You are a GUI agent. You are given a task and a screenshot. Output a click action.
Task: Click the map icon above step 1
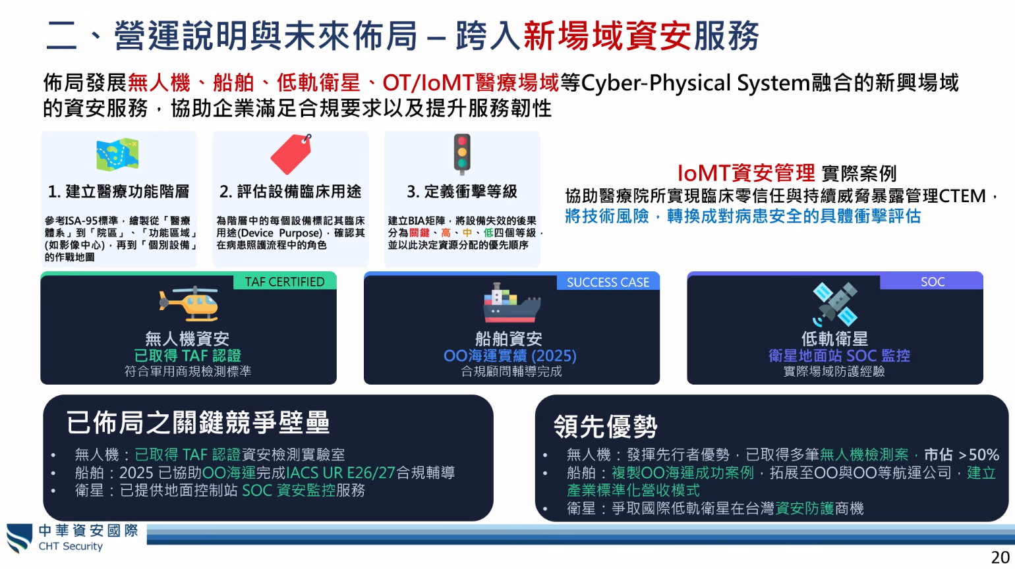(x=117, y=155)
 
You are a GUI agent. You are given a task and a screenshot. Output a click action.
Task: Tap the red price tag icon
(x=291, y=154)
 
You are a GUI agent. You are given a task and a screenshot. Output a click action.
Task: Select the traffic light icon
(x=462, y=154)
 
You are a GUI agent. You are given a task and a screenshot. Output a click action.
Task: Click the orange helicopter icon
(x=188, y=304)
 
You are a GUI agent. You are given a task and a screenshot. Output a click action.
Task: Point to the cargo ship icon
(x=512, y=303)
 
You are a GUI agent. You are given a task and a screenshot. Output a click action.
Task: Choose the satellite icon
(x=834, y=304)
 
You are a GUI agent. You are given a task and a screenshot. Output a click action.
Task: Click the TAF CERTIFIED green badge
(x=285, y=282)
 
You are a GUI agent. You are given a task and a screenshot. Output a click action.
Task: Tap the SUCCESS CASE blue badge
(x=608, y=282)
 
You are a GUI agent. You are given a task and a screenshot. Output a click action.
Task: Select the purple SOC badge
(x=932, y=282)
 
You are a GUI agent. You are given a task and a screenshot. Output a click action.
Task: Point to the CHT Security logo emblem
(x=20, y=538)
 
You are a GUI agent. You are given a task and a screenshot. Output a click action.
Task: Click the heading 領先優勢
(x=605, y=426)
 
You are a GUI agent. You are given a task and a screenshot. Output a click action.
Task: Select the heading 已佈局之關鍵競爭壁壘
(x=198, y=423)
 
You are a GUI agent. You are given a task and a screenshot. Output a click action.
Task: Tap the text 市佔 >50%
(x=962, y=454)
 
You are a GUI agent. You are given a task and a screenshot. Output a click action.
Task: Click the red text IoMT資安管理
(x=746, y=173)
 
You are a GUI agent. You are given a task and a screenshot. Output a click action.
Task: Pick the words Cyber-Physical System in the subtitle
(x=695, y=83)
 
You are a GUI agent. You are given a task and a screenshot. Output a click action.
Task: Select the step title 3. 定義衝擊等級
(x=462, y=192)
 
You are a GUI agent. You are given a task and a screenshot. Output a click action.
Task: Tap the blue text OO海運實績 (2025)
(x=510, y=356)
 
